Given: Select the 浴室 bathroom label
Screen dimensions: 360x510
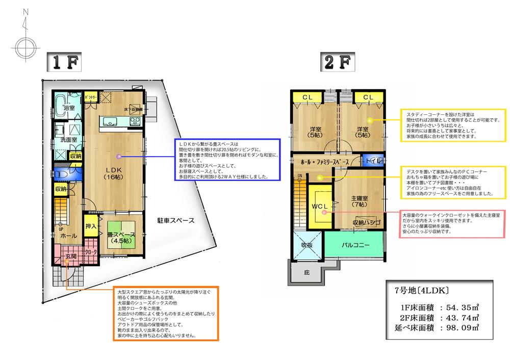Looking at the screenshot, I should pyautogui.click(x=69, y=108).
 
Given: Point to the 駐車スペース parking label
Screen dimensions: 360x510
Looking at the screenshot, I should pyautogui.click(x=175, y=221).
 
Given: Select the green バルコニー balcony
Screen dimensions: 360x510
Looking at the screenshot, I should pyautogui.click(x=355, y=245).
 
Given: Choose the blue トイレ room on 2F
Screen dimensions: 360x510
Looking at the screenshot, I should pyautogui.click(x=371, y=160).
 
